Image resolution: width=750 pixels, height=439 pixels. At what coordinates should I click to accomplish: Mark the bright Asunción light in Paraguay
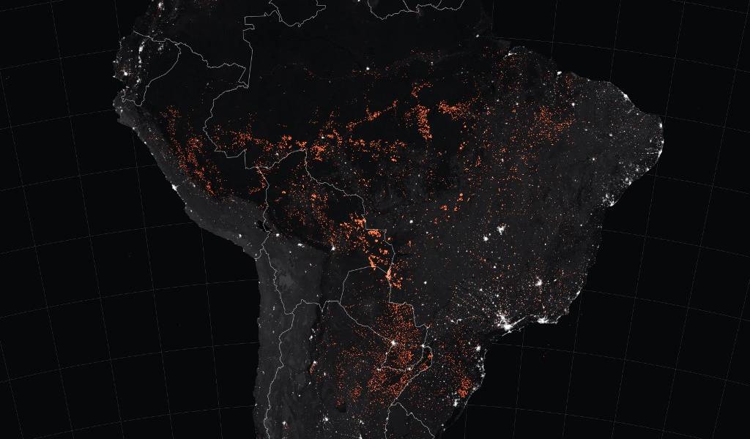pos(393,343)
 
